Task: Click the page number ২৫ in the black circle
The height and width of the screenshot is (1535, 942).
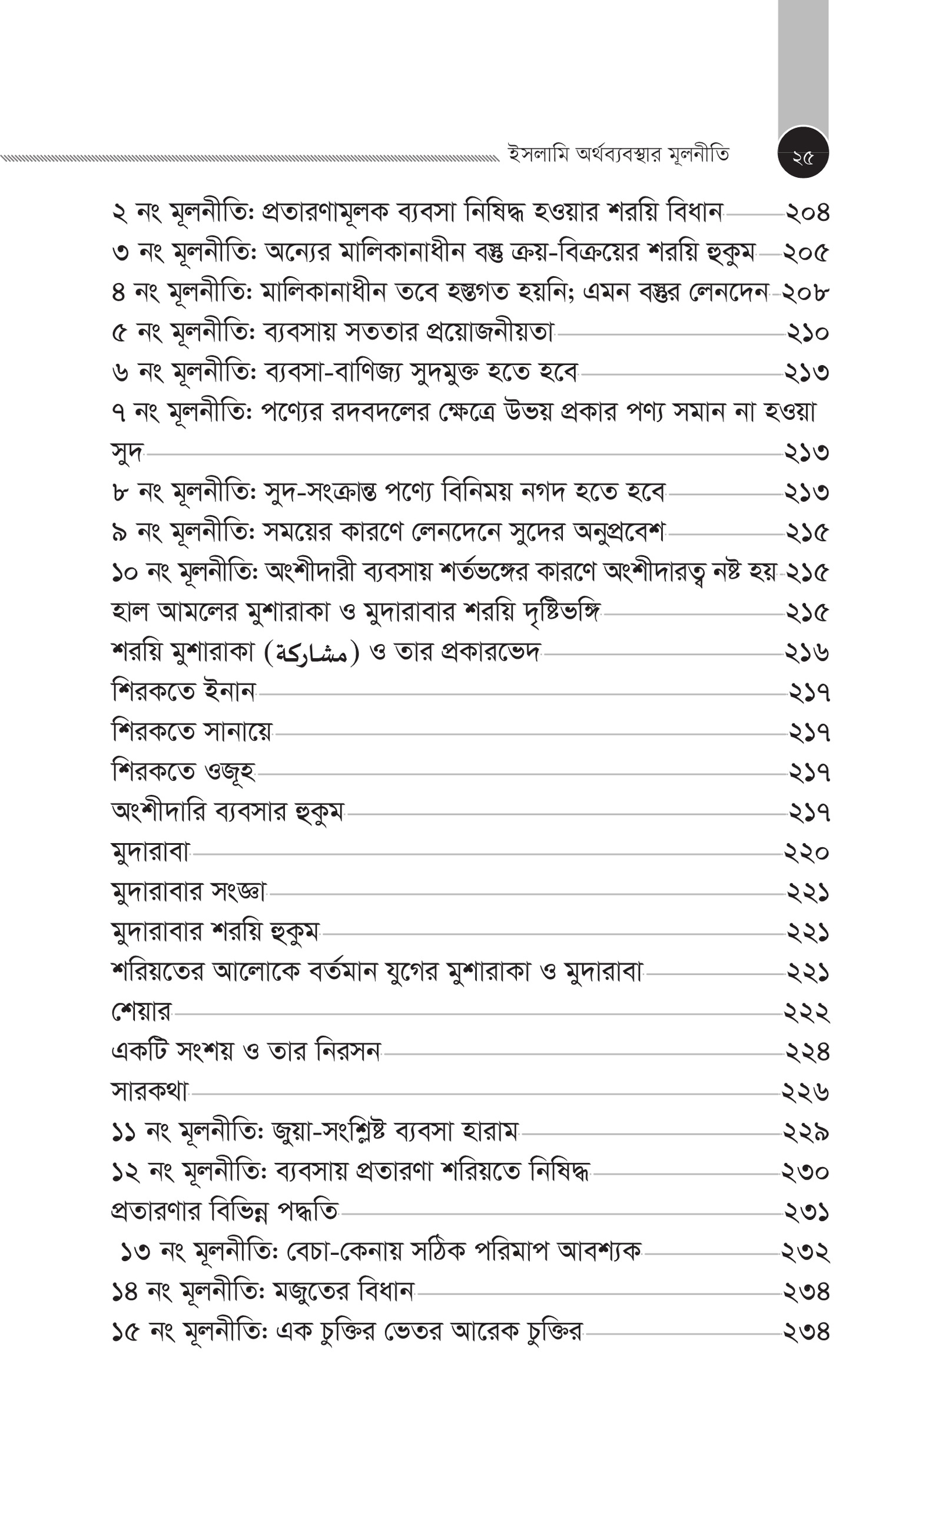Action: (x=803, y=158)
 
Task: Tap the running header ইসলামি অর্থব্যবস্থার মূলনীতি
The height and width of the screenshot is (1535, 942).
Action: (x=619, y=154)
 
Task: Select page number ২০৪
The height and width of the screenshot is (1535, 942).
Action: (x=807, y=214)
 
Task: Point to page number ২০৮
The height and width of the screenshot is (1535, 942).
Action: (x=807, y=293)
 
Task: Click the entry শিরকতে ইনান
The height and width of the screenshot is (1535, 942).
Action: (x=184, y=692)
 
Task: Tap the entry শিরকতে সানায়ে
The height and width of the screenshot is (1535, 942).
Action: (x=192, y=732)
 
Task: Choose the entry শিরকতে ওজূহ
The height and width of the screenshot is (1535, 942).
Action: (x=183, y=773)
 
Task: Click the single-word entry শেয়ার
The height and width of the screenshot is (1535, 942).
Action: (x=141, y=1012)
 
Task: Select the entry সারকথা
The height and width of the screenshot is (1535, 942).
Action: (x=150, y=1092)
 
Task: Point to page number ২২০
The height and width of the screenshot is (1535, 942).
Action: (x=807, y=853)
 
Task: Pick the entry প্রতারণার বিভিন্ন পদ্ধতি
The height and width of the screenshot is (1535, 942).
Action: (x=225, y=1212)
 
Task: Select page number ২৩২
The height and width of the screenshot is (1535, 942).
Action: (x=805, y=1253)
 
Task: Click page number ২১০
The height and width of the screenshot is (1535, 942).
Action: (x=807, y=333)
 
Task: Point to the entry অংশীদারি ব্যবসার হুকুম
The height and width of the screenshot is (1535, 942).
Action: (x=227, y=812)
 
